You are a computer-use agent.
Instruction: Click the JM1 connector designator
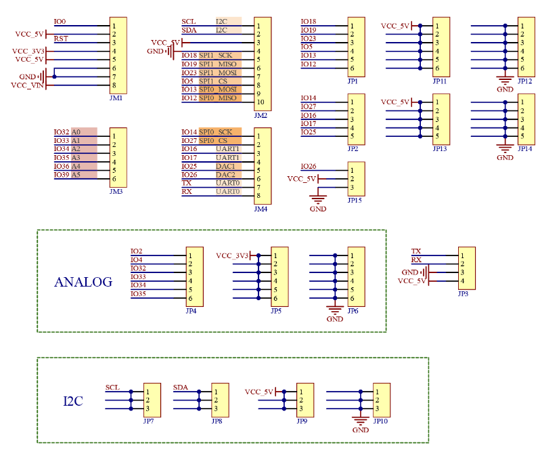pyautogui.click(x=116, y=98)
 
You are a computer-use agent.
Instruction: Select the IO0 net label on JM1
pyautogui.click(x=60, y=22)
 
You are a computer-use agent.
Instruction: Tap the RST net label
pyautogui.click(x=60, y=39)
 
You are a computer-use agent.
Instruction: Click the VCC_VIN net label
pyautogui.click(x=27, y=85)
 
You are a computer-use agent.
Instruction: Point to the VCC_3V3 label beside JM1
pyautogui.click(x=28, y=51)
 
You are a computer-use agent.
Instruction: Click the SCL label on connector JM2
pyautogui.click(x=189, y=22)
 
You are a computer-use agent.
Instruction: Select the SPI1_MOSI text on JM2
pyautogui.click(x=217, y=72)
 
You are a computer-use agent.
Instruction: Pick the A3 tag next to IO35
pyautogui.click(x=76, y=158)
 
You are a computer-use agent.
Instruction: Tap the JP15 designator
pyautogui.click(x=355, y=201)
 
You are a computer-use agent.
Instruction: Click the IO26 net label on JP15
pyautogui.click(x=308, y=167)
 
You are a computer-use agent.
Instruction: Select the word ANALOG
pyautogui.click(x=83, y=283)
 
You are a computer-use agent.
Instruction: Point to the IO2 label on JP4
pyautogui.click(x=136, y=251)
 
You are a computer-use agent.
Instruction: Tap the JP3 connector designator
pyautogui.click(x=463, y=293)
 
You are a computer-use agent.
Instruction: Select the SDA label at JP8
pyautogui.click(x=180, y=388)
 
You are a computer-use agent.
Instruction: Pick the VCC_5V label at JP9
pyautogui.click(x=258, y=392)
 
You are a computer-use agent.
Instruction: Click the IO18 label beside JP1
pyautogui.click(x=308, y=22)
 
